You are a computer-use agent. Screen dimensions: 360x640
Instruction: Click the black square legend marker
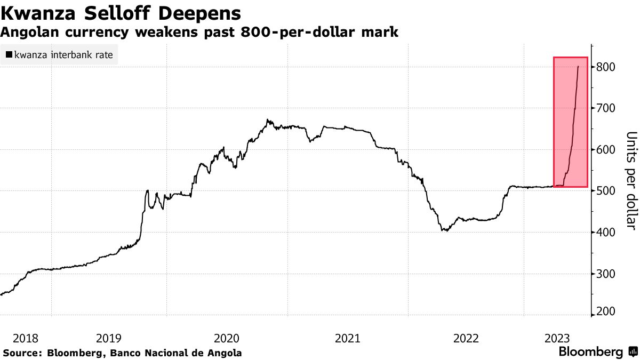pyautogui.click(x=9, y=54)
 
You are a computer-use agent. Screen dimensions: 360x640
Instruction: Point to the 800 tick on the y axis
pyautogui.click(x=607, y=67)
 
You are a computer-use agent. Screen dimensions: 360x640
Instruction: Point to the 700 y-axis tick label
pyautogui.click(x=607, y=108)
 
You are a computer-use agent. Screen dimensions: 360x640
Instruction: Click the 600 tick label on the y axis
pyautogui.click(x=607, y=150)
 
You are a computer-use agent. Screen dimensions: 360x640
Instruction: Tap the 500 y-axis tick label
pyautogui.click(x=607, y=191)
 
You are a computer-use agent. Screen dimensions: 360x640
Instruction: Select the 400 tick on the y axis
pyautogui.click(x=607, y=233)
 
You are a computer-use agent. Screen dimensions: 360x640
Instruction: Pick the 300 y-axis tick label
pyautogui.click(x=607, y=274)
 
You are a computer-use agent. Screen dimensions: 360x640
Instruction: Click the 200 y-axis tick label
pyautogui.click(x=607, y=311)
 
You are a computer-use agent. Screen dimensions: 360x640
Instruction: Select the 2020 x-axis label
pyautogui.click(x=226, y=338)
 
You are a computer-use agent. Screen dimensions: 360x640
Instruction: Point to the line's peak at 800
pyautogui.click(x=579, y=67)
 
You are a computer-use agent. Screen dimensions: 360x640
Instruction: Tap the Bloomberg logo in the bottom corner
pyautogui.click(x=597, y=352)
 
